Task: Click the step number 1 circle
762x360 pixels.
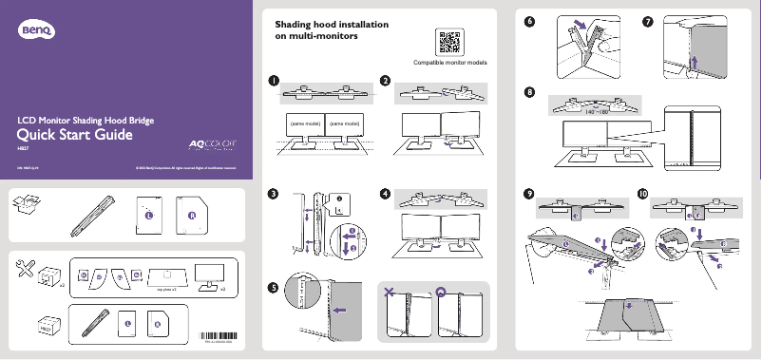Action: coord(274,81)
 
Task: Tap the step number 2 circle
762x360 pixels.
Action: coord(385,81)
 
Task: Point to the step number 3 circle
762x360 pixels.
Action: coord(274,194)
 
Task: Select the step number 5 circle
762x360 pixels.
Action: coord(274,287)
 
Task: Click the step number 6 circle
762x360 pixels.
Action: coord(528,22)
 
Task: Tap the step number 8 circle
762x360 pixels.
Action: coord(528,92)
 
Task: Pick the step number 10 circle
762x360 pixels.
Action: coord(643,194)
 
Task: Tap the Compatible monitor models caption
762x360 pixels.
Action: coord(450,64)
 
